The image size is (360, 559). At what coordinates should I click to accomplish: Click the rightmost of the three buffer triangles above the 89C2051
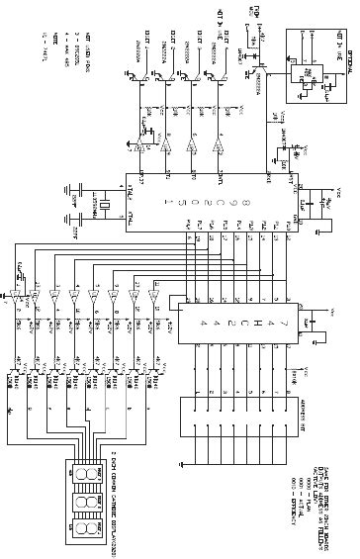[219, 147]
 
